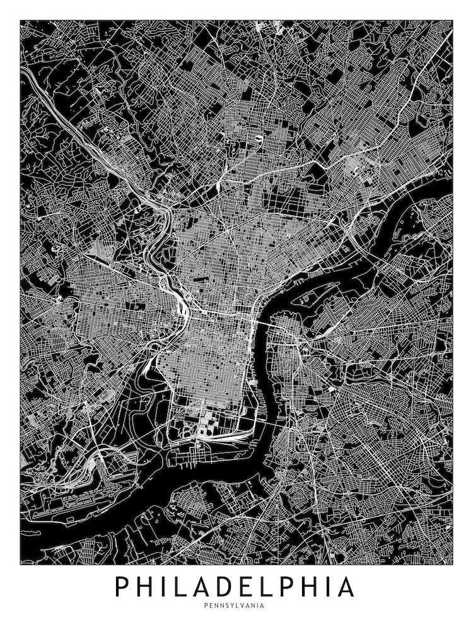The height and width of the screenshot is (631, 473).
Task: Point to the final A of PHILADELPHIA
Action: tap(346, 587)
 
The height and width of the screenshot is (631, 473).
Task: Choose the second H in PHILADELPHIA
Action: tap(318, 587)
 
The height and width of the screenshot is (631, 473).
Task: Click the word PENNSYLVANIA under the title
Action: tap(234, 606)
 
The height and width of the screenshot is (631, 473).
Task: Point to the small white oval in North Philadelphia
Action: tap(259, 136)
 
